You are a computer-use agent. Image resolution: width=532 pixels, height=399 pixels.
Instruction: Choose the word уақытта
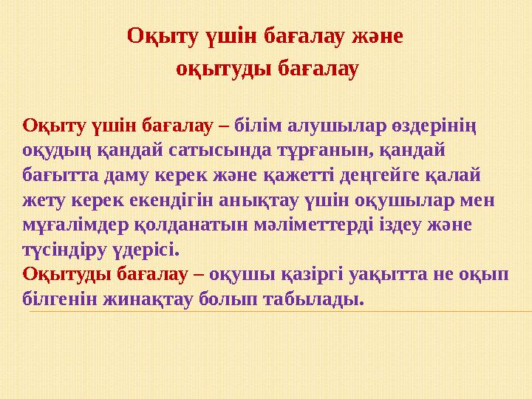coord(400,275)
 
